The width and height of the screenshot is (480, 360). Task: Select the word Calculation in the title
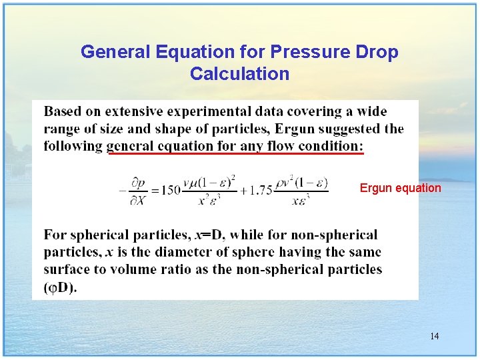(239, 73)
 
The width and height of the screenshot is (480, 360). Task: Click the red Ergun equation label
(400, 188)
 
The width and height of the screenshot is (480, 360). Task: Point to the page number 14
(434, 336)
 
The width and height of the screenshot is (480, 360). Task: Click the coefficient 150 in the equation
(170, 190)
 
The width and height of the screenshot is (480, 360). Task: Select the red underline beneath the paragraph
(236, 153)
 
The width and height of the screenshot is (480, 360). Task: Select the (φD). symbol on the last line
(60, 288)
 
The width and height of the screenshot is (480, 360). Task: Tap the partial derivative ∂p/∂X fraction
(138, 190)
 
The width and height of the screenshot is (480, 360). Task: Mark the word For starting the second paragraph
(55, 235)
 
